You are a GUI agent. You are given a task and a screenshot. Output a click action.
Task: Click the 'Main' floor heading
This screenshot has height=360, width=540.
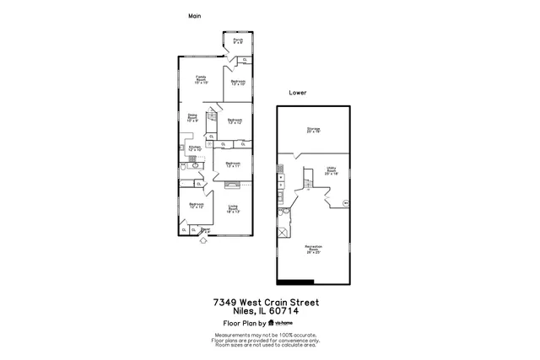[x=193, y=16]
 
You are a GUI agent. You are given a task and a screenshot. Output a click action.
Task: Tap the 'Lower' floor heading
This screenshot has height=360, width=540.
[x=297, y=93]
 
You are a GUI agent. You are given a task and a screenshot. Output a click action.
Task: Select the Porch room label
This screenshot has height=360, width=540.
[x=238, y=40]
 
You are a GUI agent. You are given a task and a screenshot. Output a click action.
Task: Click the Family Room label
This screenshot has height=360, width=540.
[x=201, y=79]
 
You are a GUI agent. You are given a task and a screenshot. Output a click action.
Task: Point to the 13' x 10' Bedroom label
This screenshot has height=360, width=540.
[x=237, y=83]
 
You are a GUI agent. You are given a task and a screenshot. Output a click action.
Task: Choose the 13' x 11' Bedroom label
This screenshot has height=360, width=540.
[x=234, y=164]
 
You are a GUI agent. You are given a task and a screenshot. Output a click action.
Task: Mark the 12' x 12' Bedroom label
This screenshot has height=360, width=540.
[x=196, y=206]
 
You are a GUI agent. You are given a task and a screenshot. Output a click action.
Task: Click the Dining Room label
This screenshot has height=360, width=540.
[x=192, y=119]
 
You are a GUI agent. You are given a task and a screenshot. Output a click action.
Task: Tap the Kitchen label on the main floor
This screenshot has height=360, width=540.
[x=194, y=148]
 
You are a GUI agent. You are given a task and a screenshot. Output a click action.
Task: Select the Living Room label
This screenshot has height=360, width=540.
[x=234, y=209]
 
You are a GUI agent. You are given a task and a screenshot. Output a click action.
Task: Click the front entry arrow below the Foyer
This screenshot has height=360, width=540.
[x=203, y=241]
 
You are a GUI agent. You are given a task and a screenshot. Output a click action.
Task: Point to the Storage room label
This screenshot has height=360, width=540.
[x=314, y=130]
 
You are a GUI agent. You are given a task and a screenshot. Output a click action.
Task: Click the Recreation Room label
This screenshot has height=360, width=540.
[x=312, y=249]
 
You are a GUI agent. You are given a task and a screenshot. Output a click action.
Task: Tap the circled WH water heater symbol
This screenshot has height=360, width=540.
[x=345, y=202]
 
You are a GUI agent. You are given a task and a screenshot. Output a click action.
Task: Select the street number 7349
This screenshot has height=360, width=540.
[x=225, y=301]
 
